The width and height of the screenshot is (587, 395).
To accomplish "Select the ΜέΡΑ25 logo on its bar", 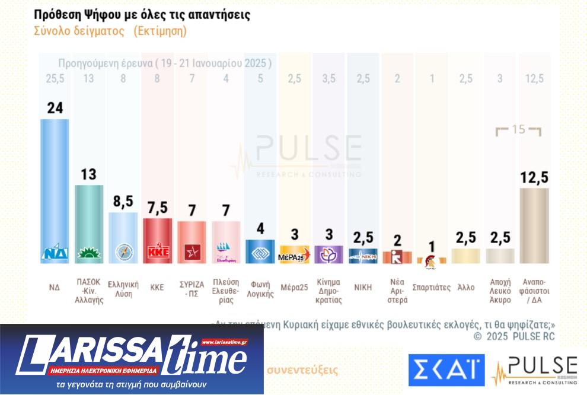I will [294, 255].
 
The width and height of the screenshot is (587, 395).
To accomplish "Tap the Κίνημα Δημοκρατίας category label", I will [328, 291].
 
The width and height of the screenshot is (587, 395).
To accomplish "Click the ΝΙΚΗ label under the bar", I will [362, 287].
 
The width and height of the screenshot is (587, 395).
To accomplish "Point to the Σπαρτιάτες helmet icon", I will [431, 259].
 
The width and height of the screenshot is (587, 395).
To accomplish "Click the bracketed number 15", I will [519, 130].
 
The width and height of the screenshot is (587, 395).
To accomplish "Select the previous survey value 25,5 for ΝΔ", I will [55, 79].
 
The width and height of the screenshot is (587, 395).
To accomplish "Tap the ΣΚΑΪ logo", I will [446, 370].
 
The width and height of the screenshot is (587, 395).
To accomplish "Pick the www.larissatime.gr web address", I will [224, 342].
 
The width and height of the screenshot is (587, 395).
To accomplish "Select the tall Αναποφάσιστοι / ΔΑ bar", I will [534, 225].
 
